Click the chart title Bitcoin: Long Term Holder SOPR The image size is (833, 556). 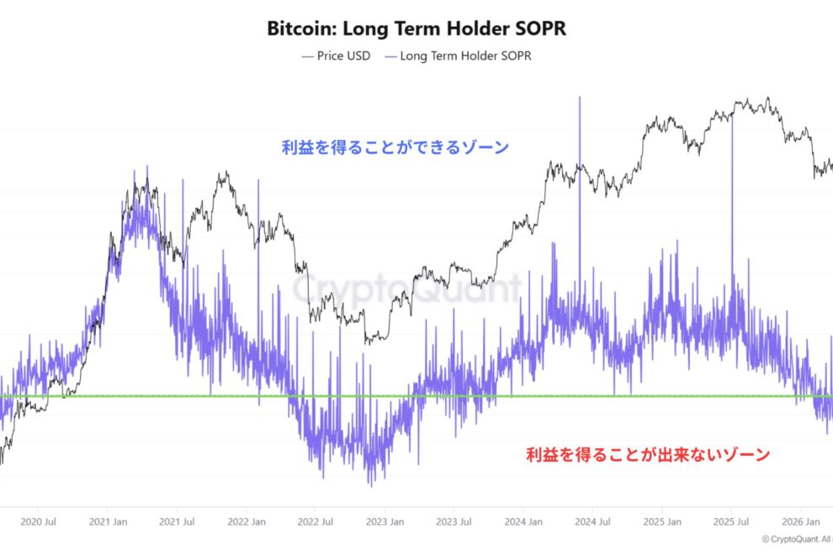(x=416, y=28)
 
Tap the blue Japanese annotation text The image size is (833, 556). (x=395, y=147)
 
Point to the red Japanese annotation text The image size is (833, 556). (x=648, y=455)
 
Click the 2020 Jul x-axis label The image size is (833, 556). (x=40, y=521)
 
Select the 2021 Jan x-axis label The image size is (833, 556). (x=109, y=521)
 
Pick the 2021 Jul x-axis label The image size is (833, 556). (x=178, y=521)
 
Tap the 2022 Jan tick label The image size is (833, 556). (x=247, y=521)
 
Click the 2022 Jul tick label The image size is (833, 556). (x=316, y=521)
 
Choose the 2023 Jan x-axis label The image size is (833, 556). (x=385, y=521)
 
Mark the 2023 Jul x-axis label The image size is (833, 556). (x=454, y=521)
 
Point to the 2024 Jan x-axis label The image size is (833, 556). (x=523, y=521)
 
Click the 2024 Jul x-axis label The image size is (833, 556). (x=592, y=521)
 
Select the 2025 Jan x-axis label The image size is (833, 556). (x=661, y=521)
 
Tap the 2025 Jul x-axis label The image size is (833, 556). (x=730, y=521)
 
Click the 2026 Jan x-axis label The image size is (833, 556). (x=799, y=521)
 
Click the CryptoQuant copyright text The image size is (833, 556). (x=795, y=539)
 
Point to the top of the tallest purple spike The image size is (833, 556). (x=580, y=98)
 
